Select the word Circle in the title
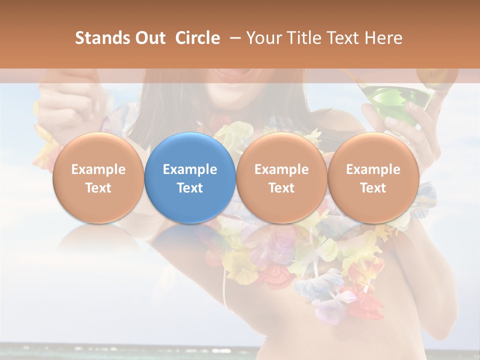coord(197,38)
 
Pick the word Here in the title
coord(384,38)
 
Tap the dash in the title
coord(234,38)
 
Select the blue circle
coord(190,177)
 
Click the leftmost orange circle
coord(98,177)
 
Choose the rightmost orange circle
coord(373,177)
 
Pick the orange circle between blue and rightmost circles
coord(281,177)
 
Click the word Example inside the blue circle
coord(190,169)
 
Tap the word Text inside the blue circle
coord(190,188)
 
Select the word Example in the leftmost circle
coord(98,169)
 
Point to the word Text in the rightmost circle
coord(373,188)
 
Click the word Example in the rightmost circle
coord(373,169)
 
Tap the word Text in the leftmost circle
coord(98,188)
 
